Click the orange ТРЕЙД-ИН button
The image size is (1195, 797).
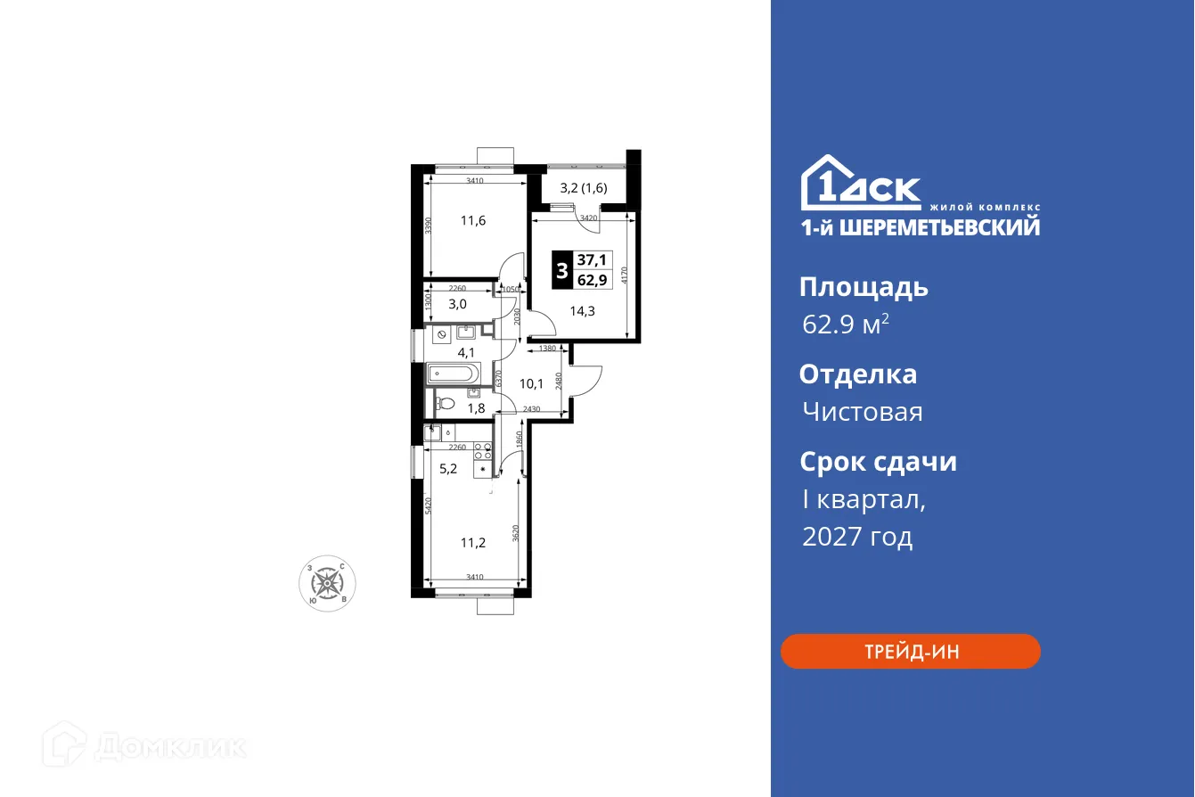click(x=910, y=652)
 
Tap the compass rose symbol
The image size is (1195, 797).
click(x=328, y=585)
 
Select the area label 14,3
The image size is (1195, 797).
click(x=583, y=311)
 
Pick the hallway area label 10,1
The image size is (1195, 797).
click(x=531, y=383)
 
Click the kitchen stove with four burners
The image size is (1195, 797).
click(x=483, y=452)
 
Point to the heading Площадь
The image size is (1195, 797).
click(x=864, y=287)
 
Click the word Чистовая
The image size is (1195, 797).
click(x=862, y=412)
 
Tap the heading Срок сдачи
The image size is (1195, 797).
click(x=878, y=462)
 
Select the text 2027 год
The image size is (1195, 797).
click(x=857, y=537)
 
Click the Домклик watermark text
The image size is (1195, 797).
click(x=169, y=746)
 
